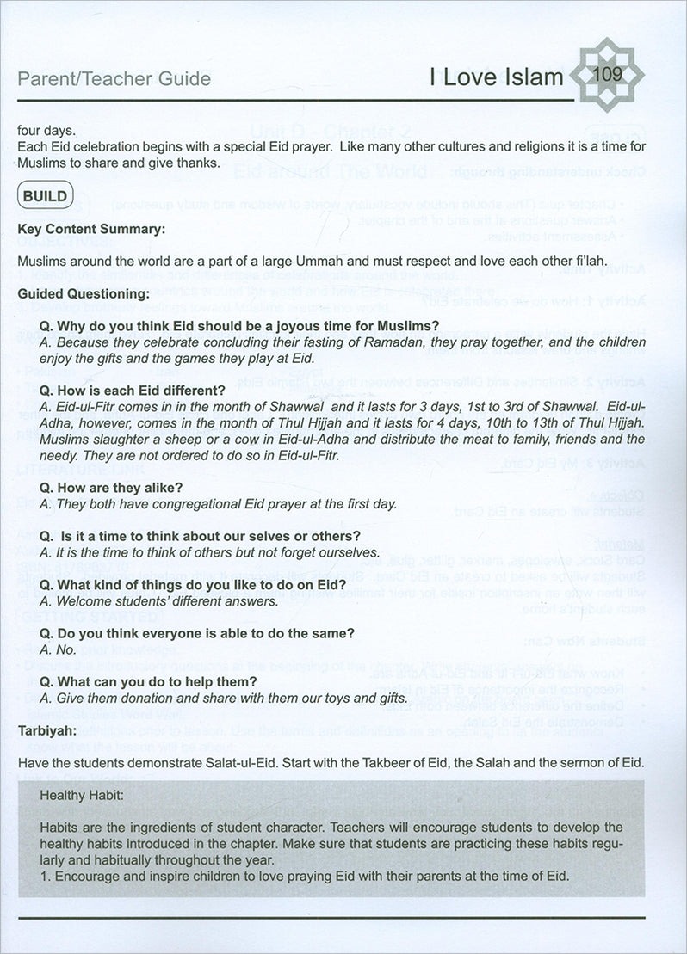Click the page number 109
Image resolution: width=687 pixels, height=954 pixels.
tap(608, 74)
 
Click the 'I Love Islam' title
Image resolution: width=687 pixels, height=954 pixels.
tap(496, 79)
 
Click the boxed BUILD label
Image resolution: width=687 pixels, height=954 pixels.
tap(45, 195)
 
